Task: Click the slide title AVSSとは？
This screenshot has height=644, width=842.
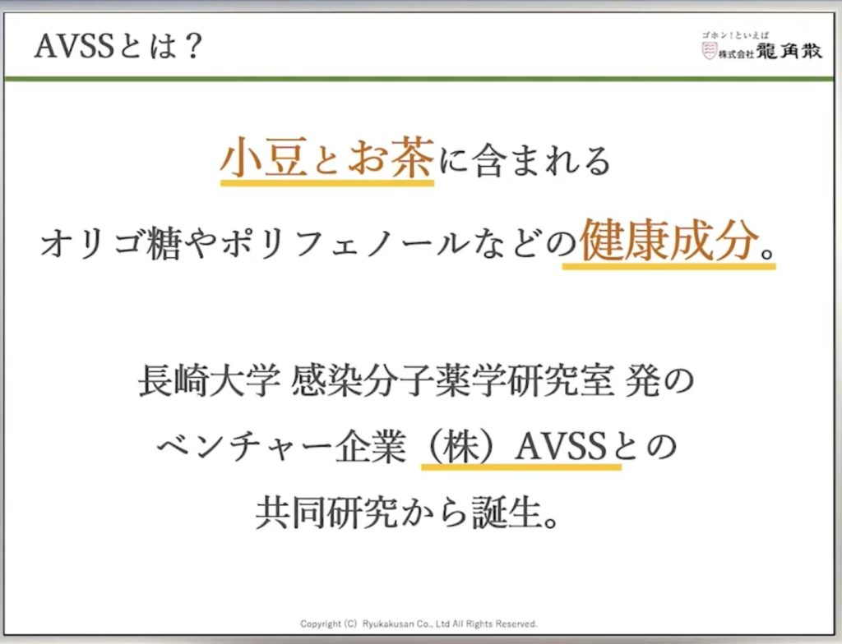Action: click(118, 46)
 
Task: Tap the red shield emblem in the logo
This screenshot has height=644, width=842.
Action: click(710, 51)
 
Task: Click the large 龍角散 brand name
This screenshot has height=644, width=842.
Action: click(789, 50)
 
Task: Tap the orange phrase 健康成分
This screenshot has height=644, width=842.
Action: click(669, 240)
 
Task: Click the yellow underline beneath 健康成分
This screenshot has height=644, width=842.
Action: click(669, 265)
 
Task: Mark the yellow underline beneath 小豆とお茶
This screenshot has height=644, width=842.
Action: click(327, 183)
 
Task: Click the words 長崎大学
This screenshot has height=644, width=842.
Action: click(210, 380)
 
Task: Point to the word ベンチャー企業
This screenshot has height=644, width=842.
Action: click(282, 447)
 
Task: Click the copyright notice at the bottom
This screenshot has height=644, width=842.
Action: click(419, 623)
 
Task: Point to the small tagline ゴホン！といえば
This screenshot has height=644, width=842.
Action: click(734, 35)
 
